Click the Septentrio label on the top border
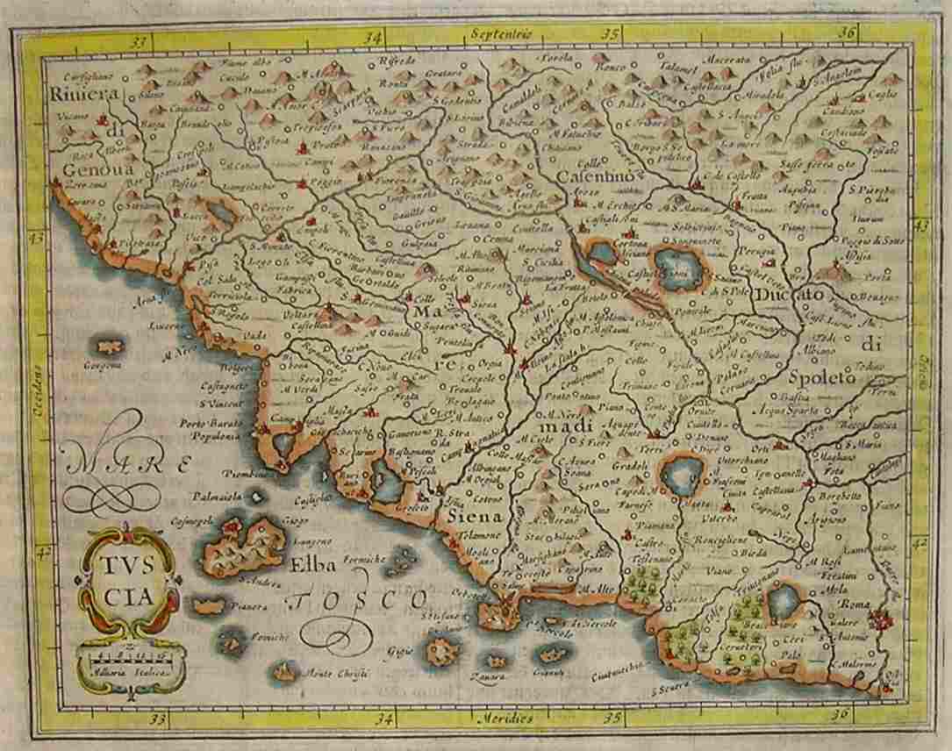(x=500, y=33)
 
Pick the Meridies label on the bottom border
(x=506, y=719)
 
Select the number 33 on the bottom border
(x=158, y=720)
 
